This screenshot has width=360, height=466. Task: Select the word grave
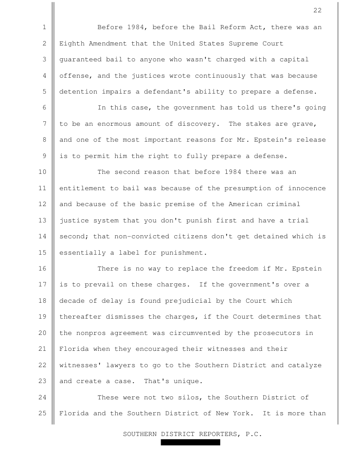pyautogui.click(x=307, y=124)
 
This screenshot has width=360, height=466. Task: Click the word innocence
pyautogui.click(x=307, y=188)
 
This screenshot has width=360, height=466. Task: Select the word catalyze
pyautogui.click(x=309, y=365)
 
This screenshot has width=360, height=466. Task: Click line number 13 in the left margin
pyautogui.click(x=44, y=221)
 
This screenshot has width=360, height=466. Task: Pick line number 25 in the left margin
pyautogui.click(x=44, y=414)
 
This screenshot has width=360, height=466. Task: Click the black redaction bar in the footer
pyautogui.click(x=190, y=442)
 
